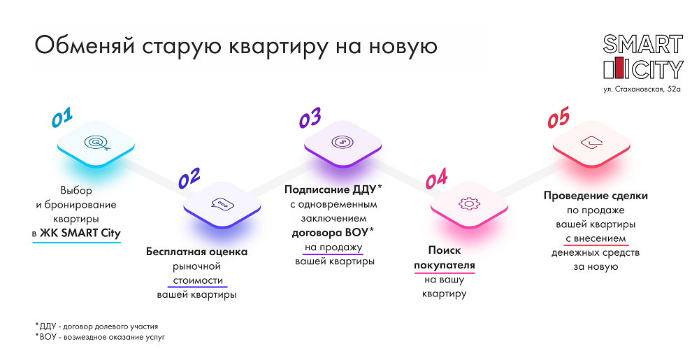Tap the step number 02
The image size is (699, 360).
coord(189,178)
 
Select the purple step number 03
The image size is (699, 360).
coord(310,118)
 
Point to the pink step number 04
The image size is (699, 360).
coord(436,179)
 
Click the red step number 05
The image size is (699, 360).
coord(559,117)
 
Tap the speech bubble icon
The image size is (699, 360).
coord(222,204)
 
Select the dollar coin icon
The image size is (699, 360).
coord(343,142)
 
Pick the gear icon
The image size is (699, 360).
coord(469,204)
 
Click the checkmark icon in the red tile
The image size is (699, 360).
coord(591,143)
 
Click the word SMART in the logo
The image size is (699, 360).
coord(643,45)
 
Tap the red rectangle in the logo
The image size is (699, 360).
coord(619,68)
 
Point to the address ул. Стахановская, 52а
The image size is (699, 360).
coord(642,89)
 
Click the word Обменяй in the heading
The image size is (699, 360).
coord(85,46)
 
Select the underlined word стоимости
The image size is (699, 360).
coord(198,281)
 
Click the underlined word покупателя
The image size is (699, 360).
coord(445,266)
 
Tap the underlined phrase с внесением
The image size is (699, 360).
coord(596,239)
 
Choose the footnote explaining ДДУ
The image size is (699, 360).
coord(96,326)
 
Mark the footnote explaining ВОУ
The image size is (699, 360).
coord(100,337)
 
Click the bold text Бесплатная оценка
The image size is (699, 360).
coord(196,252)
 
